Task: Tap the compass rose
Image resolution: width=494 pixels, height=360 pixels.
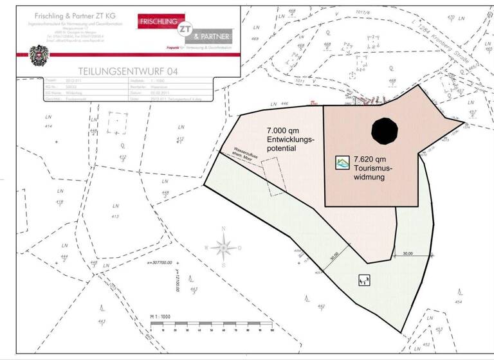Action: click(x=223, y=246)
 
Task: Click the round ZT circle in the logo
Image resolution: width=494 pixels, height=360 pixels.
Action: click(x=185, y=28)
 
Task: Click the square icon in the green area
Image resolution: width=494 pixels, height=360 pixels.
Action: click(x=364, y=280)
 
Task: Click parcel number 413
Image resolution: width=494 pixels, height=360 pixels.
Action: click(x=115, y=217)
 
